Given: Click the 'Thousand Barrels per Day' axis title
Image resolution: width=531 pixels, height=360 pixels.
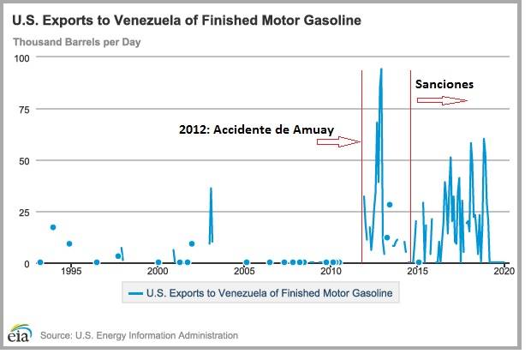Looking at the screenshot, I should (77, 40).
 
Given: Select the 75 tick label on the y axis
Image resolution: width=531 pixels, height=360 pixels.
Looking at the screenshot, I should (23, 109).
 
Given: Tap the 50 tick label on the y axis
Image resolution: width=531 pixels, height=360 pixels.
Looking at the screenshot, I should (23, 160).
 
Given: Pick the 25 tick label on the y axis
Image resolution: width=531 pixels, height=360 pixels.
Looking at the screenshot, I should (23, 212).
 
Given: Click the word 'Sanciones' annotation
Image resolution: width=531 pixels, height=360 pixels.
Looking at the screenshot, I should (444, 85).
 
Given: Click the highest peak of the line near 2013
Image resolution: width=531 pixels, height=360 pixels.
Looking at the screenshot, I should (381, 69).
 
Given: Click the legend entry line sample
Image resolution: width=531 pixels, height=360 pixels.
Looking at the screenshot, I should (135, 293).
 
